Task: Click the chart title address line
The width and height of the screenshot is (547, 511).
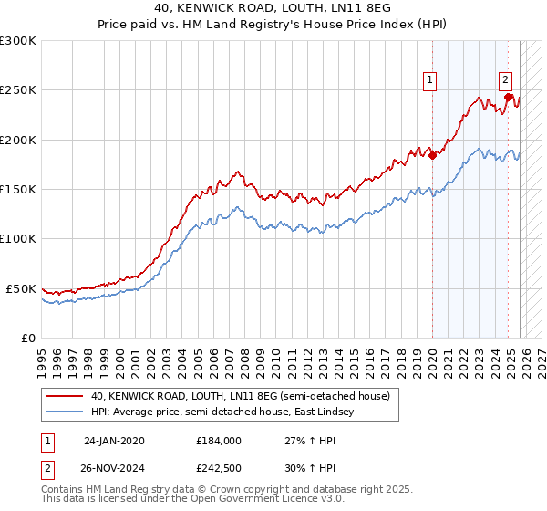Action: coord(273,7)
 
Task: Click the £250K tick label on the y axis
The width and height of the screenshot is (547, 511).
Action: coord(18,90)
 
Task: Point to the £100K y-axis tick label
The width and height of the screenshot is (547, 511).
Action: coord(18,238)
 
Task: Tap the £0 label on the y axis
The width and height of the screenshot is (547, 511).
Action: coord(28,338)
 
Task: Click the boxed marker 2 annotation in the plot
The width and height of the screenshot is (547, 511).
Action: coord(506,79)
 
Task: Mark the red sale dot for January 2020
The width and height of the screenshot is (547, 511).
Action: coord(432,155)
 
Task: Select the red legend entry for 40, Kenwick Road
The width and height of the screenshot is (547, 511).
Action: coord(240,396)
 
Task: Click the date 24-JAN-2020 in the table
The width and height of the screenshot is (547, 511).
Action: coord(114,440)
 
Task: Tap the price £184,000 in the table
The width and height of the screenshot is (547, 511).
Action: coord(218,440)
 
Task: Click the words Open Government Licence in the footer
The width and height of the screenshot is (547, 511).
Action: coord(256,501)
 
